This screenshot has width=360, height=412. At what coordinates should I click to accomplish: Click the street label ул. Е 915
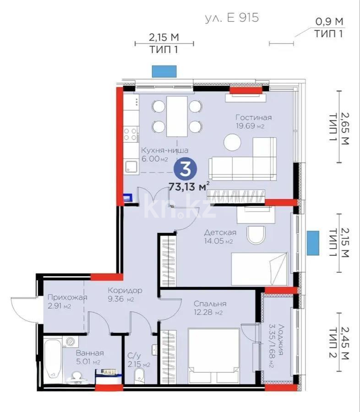point(232,18)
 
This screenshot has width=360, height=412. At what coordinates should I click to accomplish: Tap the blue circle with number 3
point(185,170)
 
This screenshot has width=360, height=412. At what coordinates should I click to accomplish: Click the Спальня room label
point(210,303)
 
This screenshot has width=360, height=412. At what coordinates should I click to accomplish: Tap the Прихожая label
point(64,298)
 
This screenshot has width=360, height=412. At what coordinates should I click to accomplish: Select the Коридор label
point(125,291)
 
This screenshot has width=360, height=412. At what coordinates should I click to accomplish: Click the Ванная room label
point(90,353)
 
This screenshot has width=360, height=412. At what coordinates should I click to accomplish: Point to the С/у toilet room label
point(135,356)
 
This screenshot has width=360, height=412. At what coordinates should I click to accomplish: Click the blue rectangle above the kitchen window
point(165,71)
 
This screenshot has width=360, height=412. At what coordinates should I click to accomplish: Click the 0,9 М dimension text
point(329,21)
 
